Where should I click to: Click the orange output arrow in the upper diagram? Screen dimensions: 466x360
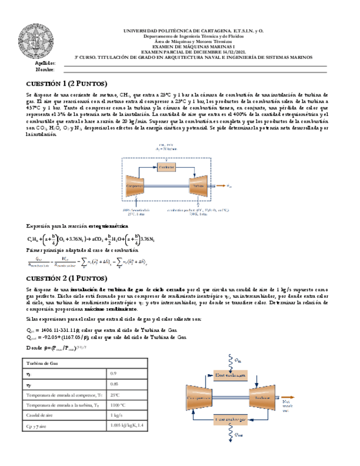click(x=219, y=186)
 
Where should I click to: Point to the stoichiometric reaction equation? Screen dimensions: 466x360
click(x=91, y=239)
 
